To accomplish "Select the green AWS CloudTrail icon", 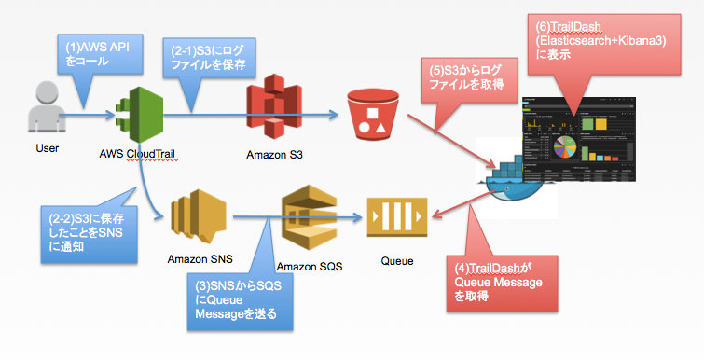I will [x=138, y=116].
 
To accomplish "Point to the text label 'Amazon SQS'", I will [x=310, y=266].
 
